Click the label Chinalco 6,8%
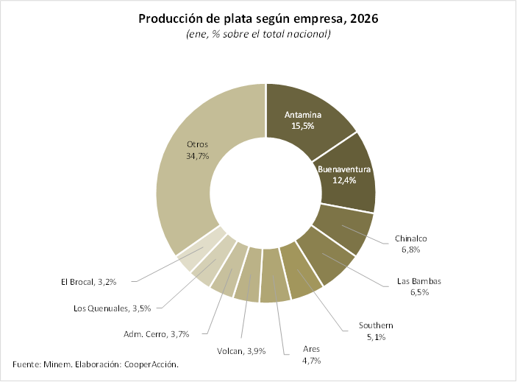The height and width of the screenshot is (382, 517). (x=411, y=244)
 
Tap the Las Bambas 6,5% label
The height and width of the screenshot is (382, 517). (x=418, y=286)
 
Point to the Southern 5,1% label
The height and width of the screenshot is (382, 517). (x=376, y=330)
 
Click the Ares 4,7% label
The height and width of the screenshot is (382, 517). (x=311, y=354)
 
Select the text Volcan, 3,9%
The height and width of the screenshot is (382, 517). (x=243, y=350)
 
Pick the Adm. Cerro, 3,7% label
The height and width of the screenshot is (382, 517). (x=157, y=334)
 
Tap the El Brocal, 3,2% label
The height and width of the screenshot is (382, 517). (x=88, y=280)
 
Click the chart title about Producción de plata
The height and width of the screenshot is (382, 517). (x=258, y=19)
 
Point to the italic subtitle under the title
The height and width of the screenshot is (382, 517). (x=258, y=35)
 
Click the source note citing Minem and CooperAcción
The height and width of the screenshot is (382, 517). (x=96, y=364)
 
